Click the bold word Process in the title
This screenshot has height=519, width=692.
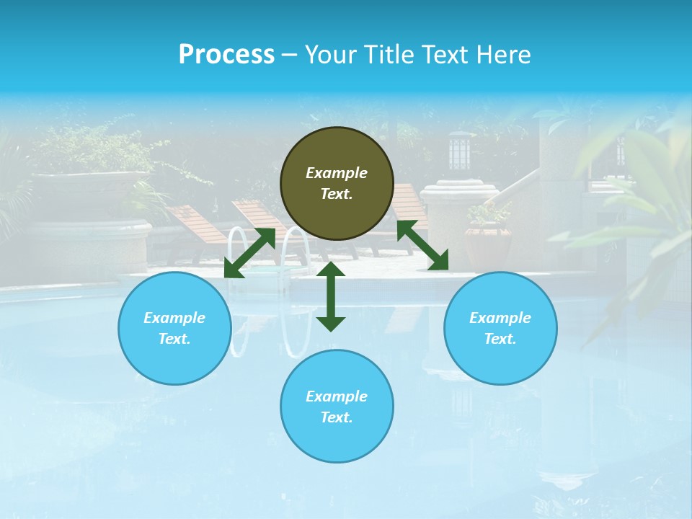[226, 55]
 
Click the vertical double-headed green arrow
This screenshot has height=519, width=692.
[331, 296]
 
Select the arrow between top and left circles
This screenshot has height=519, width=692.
[249, 253]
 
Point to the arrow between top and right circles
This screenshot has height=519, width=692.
[422, 245]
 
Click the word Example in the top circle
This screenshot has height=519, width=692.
[337, 173]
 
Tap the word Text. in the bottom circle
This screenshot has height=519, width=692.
[337, 417]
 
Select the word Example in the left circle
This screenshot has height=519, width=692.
[174, 318]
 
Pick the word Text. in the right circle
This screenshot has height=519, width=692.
[500, 339]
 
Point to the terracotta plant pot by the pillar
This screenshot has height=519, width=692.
[487, 245]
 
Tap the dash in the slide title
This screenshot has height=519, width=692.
[290, 55]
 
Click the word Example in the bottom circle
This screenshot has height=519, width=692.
[337, 396]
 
